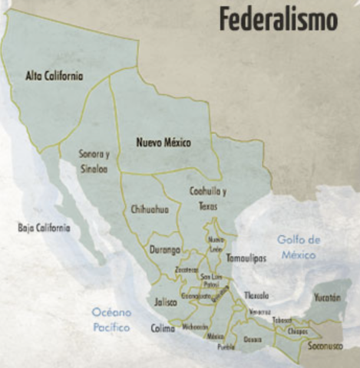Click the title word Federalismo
coord(278,20)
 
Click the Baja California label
coord(44,228)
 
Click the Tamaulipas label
coord(246,258)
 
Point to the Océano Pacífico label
coord(111,320)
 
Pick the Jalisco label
coord(165,301)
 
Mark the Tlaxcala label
coord(256,294)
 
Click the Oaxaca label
coord(252,337)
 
